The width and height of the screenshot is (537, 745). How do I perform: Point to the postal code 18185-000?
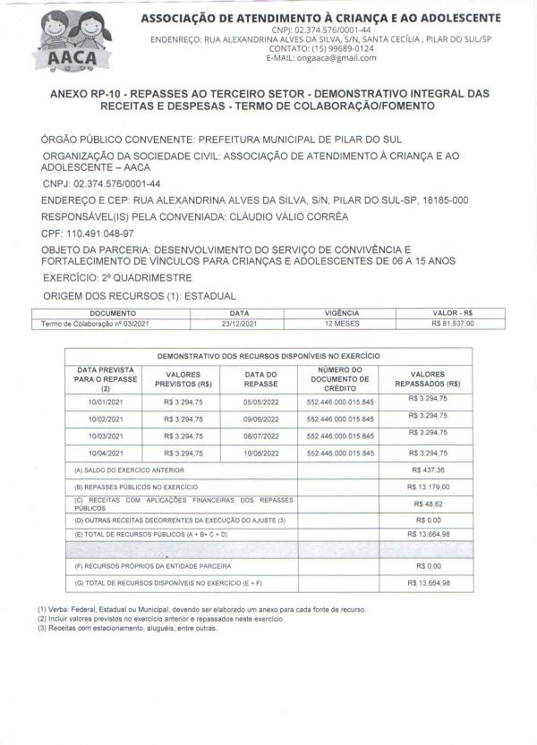445,202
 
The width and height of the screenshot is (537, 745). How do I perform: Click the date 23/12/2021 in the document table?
239,323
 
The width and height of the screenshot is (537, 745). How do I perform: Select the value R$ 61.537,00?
452,323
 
